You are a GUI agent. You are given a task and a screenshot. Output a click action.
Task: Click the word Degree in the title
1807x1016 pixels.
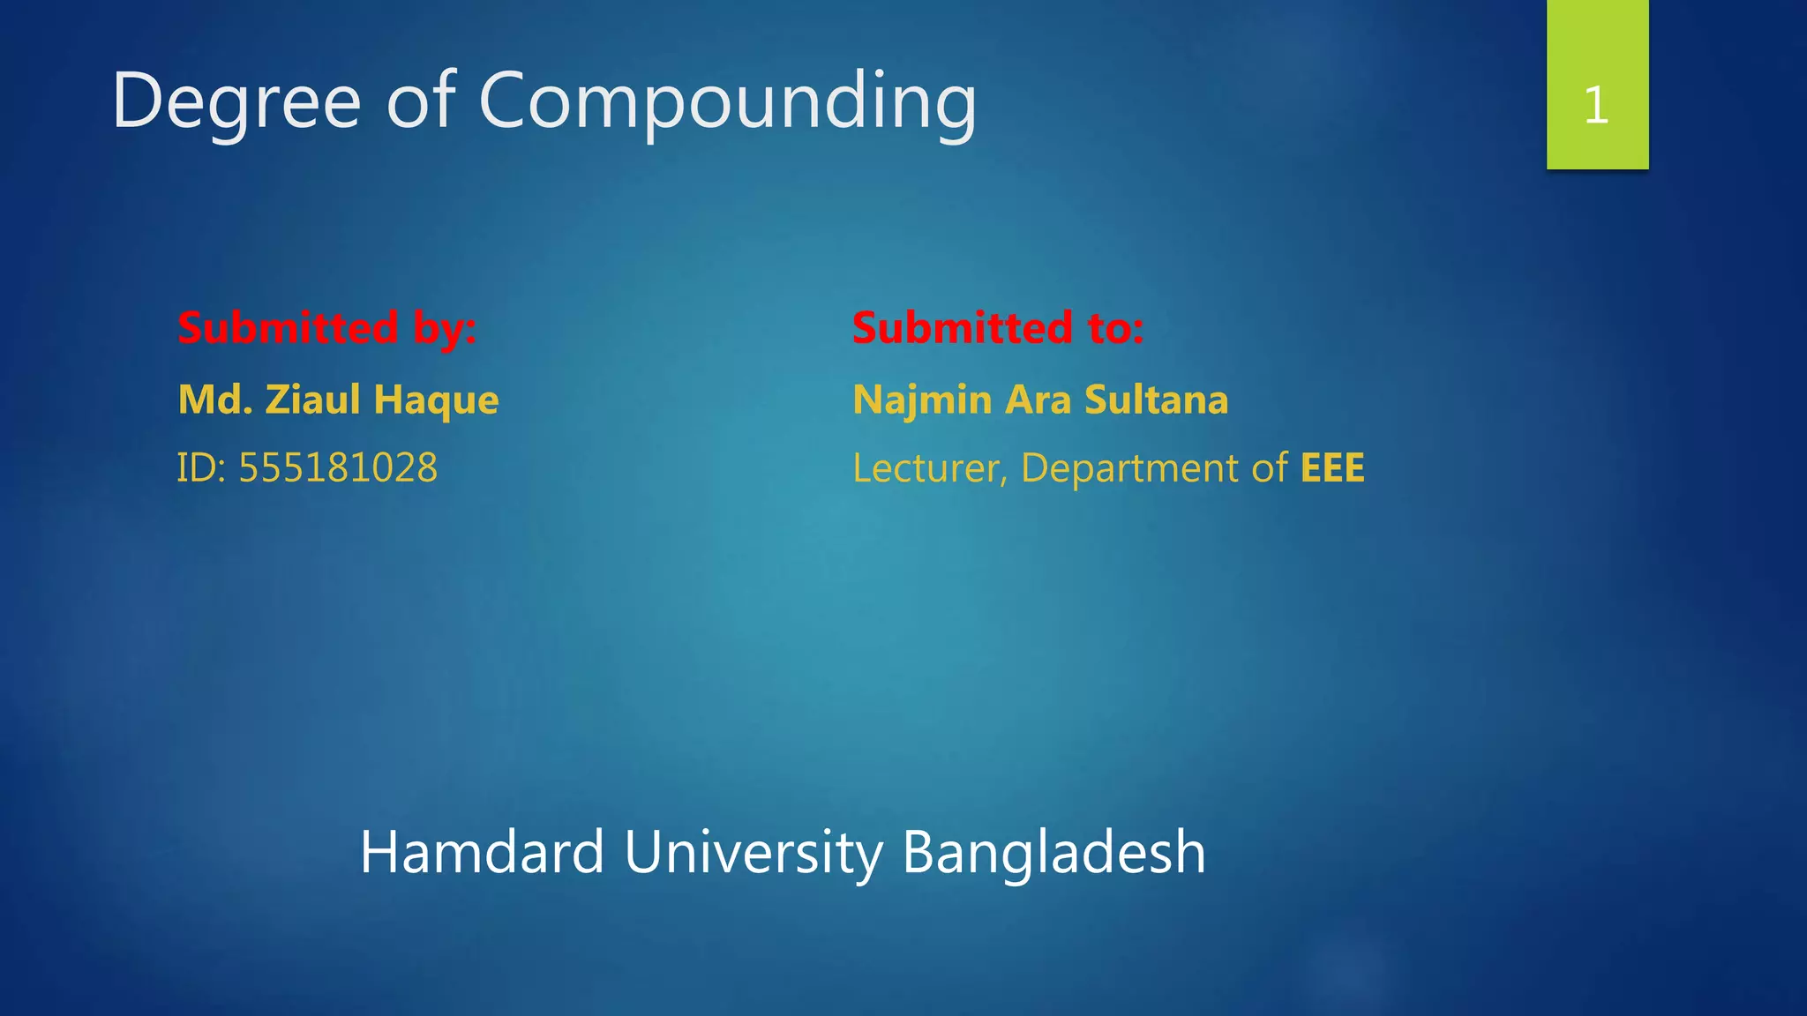click(236, 102)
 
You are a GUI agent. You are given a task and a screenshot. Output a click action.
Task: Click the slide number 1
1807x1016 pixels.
click(1596, 106)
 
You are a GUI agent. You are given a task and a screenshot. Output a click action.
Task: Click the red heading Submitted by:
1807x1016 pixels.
click(326, 328)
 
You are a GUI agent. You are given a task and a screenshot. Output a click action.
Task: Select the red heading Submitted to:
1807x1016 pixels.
click(998, 328)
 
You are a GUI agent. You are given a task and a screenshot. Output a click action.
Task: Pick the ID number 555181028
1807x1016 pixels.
click(338, 467)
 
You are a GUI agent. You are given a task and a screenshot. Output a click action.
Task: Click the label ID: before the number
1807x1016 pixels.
click(201, 467)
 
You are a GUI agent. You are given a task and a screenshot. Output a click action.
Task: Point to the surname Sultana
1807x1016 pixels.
click(1156, 400)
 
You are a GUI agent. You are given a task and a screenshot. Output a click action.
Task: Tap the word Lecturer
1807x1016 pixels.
click(928, 468)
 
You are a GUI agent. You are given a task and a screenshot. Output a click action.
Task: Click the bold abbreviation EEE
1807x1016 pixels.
click(1332, 467)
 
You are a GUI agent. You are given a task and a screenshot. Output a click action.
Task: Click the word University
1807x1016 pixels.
click(753, 854)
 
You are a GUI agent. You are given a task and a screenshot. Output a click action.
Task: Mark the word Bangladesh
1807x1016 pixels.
click(1053, 854)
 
